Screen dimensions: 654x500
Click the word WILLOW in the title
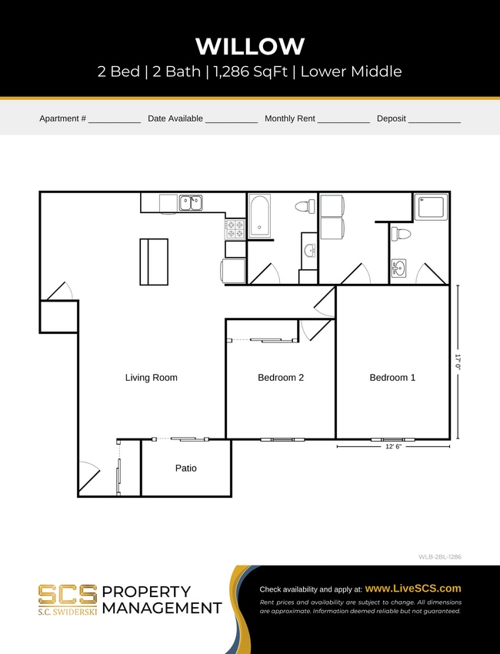coord(250,46)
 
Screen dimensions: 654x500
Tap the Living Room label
coord(152,378)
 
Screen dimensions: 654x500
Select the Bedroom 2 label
coord(281,378)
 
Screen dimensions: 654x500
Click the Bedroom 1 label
coord(392,378)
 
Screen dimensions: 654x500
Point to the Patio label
coord(185,468)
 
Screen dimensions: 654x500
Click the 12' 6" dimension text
coord(393,446)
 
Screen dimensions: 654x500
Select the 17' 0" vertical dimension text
coord(457,362)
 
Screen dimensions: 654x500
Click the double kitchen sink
coord(191,203)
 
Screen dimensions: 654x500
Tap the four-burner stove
coord(235,229)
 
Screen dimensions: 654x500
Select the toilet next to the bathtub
coord(308,207)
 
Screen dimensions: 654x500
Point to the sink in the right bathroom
coord(398,269)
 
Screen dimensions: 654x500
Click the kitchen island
coord(153,262)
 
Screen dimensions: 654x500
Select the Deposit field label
coord(391,118)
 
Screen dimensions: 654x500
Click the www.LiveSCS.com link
coord(412,589)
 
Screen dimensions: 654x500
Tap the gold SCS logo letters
coord(68,594)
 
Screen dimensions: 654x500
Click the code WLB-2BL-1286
coord(439,556)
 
